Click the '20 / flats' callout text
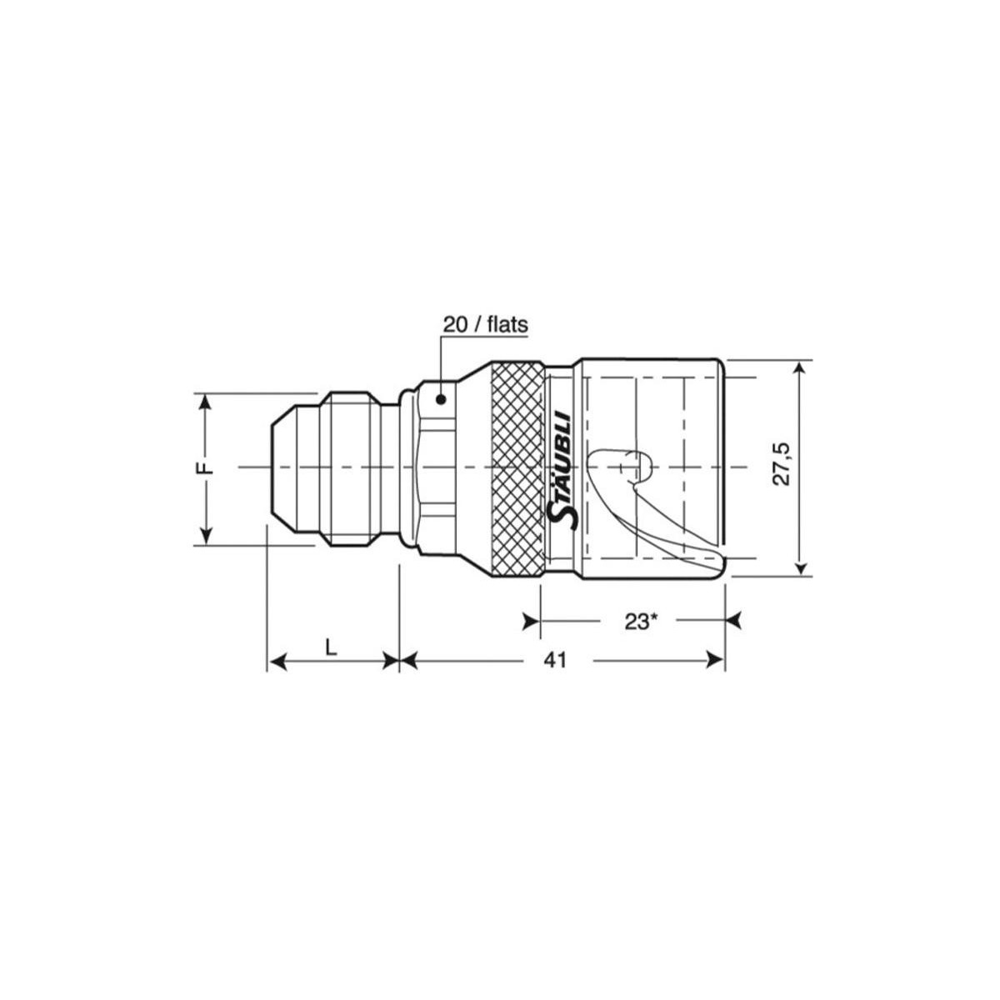coord(485,325)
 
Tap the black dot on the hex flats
coord(441,399)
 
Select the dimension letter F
coord(206,467)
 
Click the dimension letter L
coord(331,647)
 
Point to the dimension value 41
coord(556,661)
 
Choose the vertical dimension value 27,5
coord(781,464)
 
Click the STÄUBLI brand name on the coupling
coord(559,470)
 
